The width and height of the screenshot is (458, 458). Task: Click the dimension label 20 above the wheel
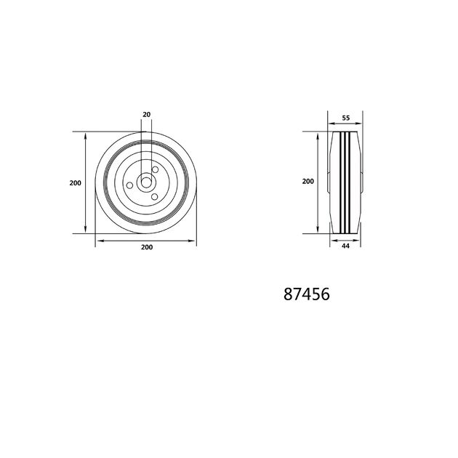point(147,115)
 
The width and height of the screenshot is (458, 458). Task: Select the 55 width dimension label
point(346,118)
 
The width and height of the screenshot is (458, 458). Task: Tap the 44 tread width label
point(345,246)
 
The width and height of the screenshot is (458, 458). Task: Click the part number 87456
point(307,294)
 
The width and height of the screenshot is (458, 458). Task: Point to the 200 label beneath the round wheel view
point(147,247)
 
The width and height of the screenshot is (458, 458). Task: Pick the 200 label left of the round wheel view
point(76,183)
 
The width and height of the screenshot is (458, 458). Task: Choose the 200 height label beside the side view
point(308,182)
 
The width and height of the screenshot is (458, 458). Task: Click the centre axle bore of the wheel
point(146,183)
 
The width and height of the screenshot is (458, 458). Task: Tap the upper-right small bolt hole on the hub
point(155,169)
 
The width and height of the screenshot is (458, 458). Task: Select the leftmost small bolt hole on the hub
point(129,185)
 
